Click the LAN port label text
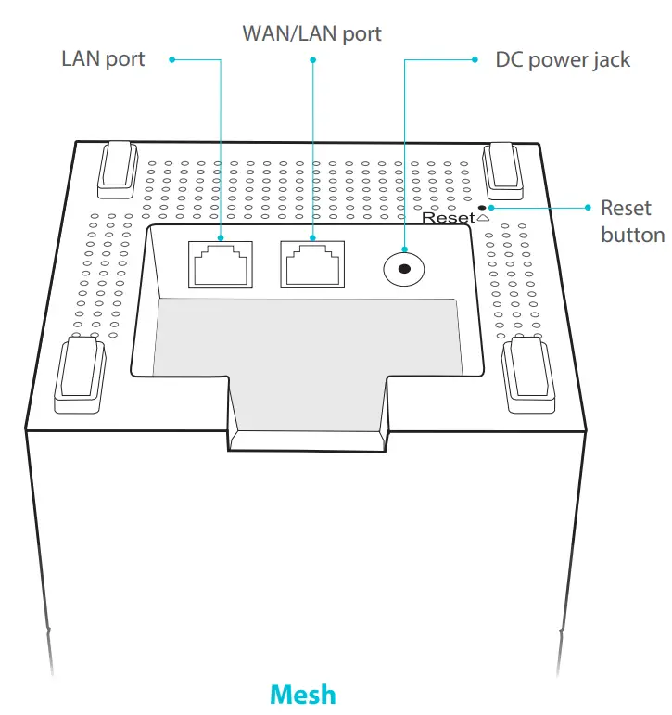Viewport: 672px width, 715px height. [x=103, y=59]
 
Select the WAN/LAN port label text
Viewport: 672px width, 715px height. [x=311, y=34]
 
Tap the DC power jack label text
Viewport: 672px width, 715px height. [x=563, y=60]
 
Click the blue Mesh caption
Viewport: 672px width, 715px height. [x=302, y=694]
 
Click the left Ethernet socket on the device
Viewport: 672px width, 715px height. [x=220, y=263]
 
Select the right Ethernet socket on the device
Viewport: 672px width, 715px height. [x=312, y=263]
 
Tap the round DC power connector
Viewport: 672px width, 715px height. [x=405, y=269]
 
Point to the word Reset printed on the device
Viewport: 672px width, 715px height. [x=448, y=218]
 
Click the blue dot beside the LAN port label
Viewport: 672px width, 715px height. [x=171, y=60]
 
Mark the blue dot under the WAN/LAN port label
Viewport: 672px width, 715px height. [x=312, y=60]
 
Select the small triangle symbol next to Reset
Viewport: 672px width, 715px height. [x=482, y=219]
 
